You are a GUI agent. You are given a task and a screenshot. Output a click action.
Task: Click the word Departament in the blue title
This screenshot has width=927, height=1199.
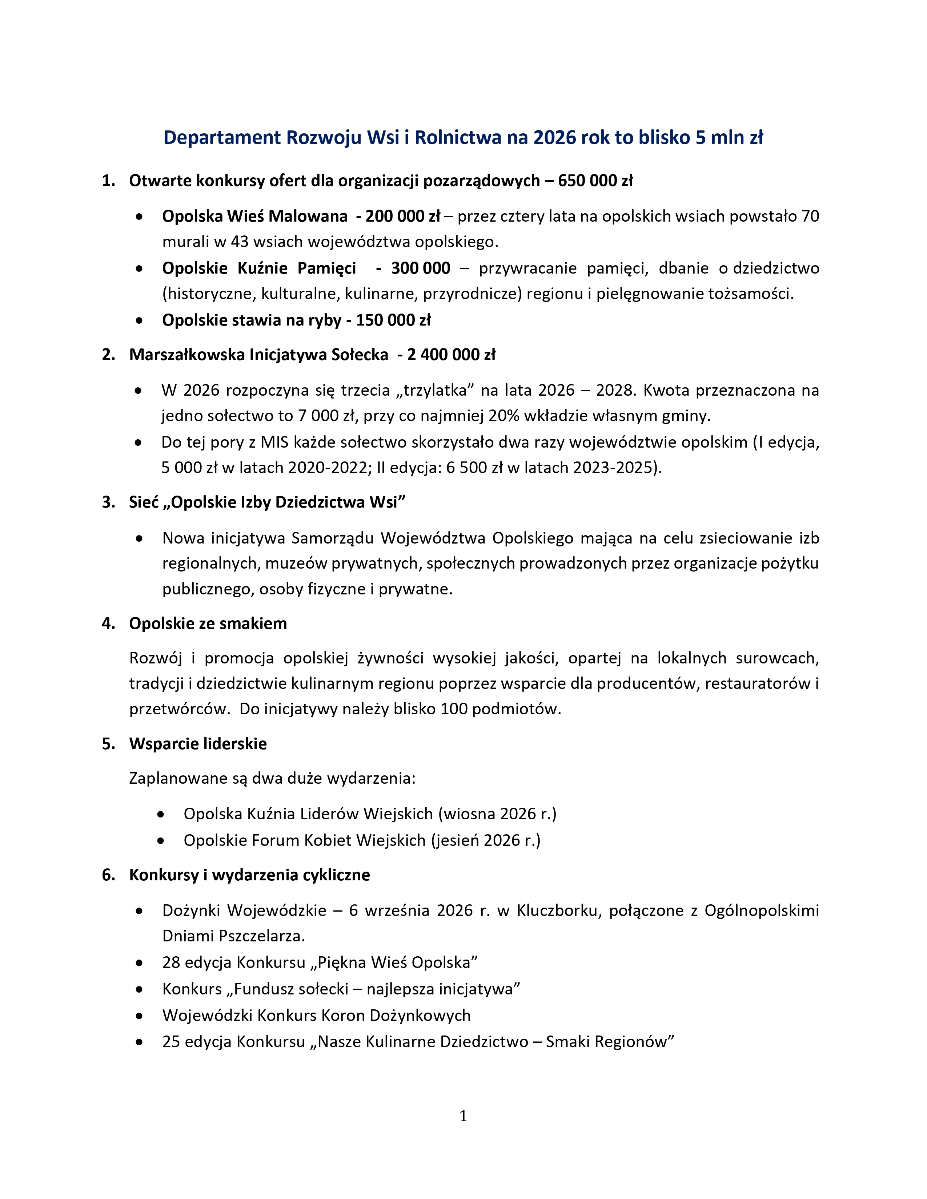[x=222, y=138]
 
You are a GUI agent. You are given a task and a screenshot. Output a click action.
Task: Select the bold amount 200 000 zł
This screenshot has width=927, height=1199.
[x=403, y=216]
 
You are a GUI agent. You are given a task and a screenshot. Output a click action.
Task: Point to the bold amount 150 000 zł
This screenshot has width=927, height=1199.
[x=393, y=320]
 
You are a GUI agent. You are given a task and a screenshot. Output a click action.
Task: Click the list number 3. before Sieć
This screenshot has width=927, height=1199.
[x=108, y=502]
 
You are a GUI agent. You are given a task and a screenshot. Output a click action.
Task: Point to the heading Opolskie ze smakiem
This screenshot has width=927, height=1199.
[x=208, y=623]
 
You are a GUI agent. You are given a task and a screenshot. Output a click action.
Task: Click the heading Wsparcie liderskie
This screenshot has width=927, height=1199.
[x=198, y=744]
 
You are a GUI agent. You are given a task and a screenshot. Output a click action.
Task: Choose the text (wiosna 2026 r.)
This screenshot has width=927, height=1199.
[x=497, y=814]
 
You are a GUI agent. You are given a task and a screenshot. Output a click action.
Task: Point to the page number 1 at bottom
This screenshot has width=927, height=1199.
[x=463, y=1116]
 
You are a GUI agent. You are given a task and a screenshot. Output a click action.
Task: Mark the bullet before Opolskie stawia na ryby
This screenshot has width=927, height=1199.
[x=140, y=320]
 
